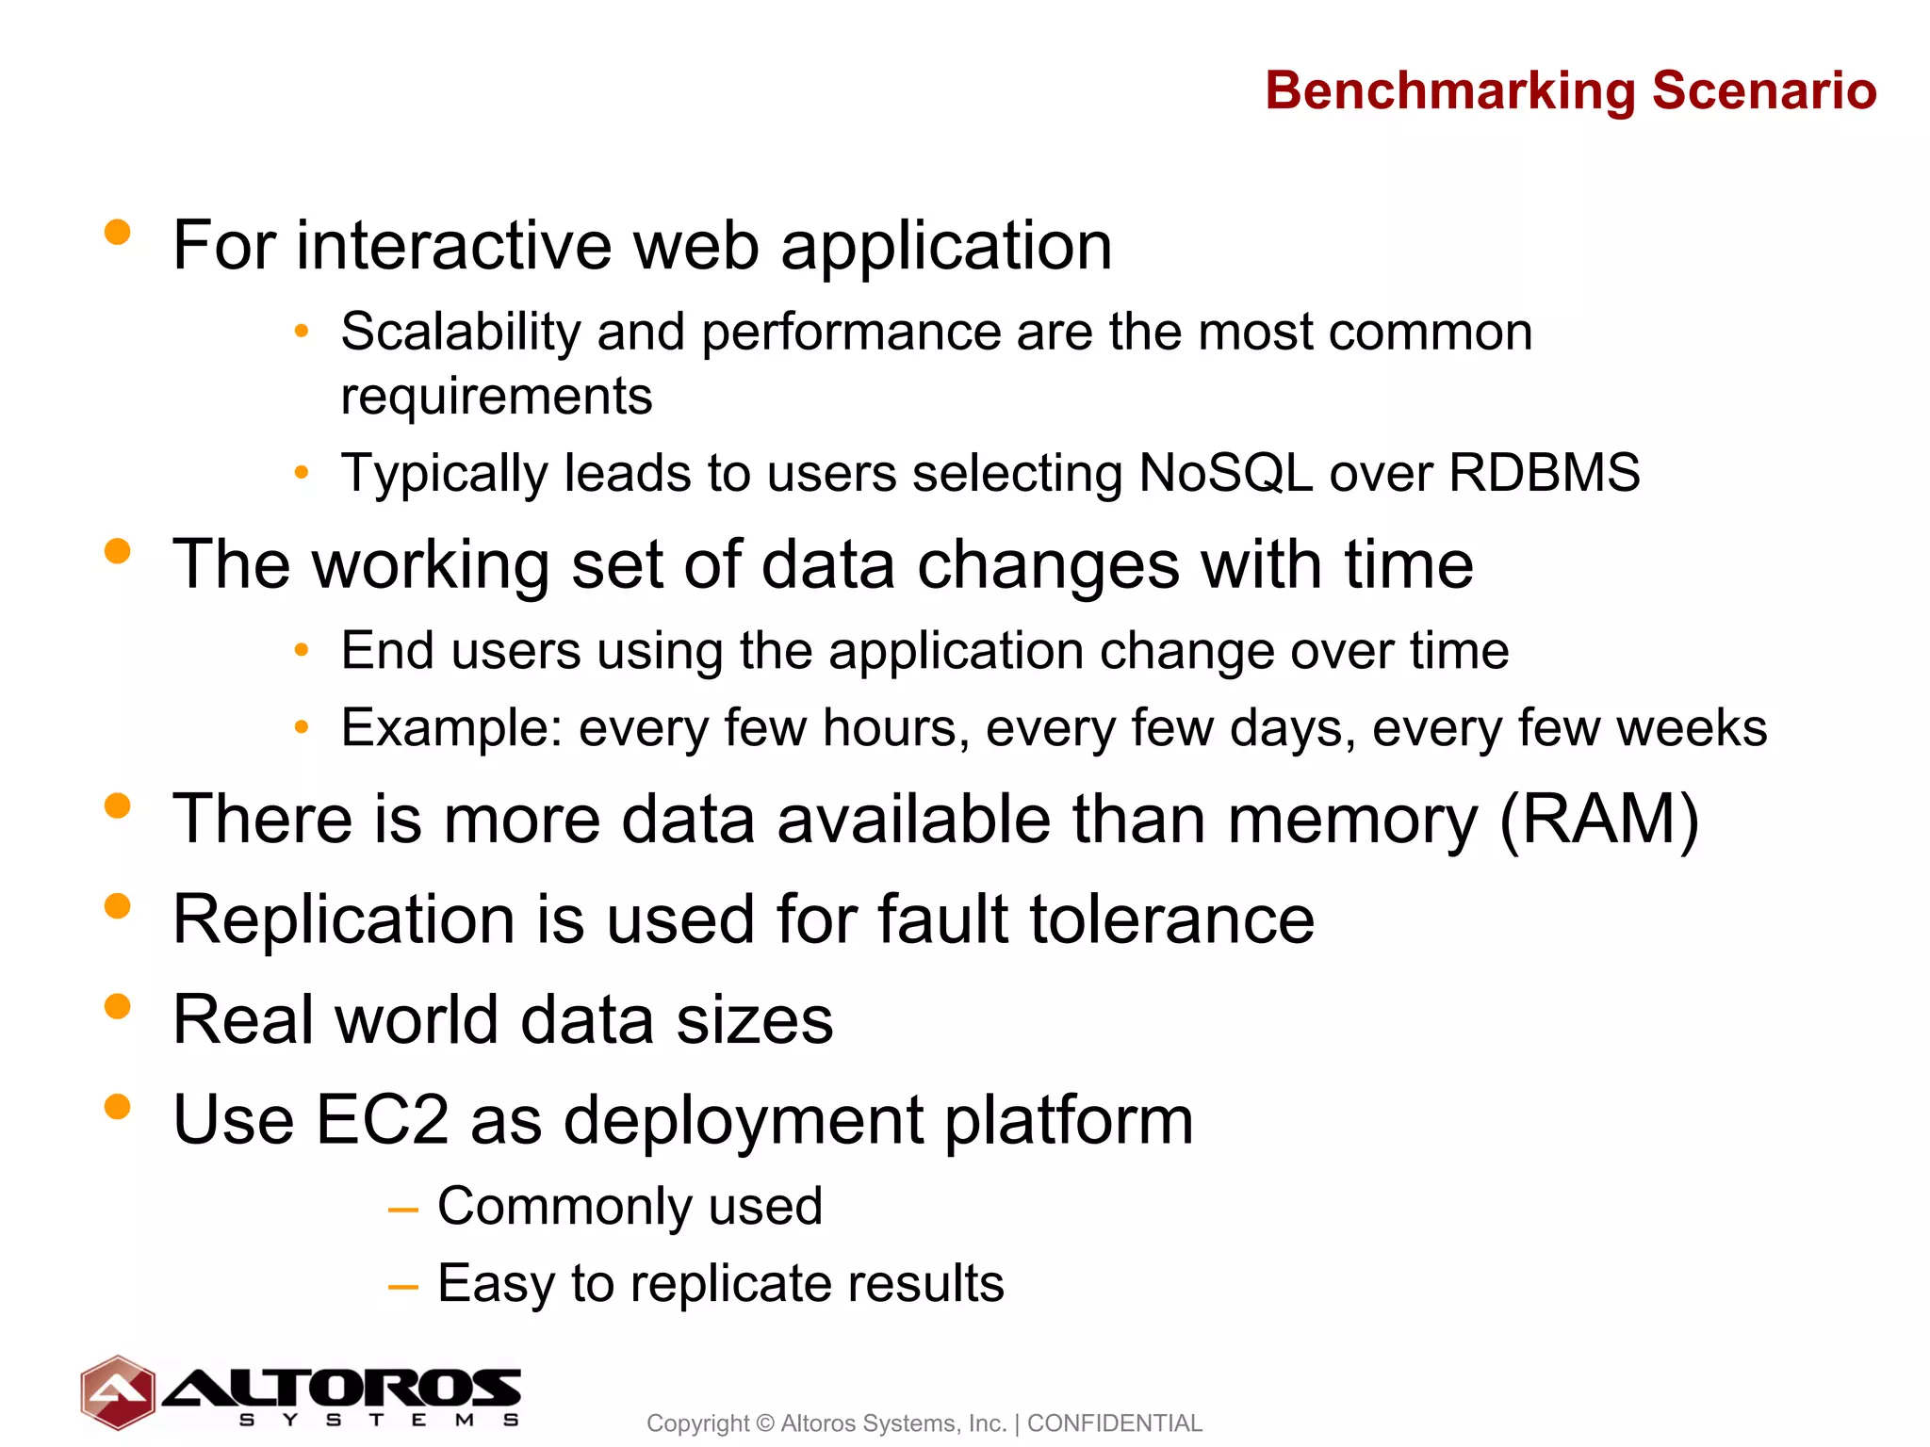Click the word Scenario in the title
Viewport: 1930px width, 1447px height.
point(1763,91)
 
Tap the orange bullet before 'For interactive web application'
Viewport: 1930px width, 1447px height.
point(118,232)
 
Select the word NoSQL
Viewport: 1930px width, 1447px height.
point(1225,472)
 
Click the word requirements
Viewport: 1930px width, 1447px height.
point(496,396)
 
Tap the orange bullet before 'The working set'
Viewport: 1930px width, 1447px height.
point(118,551)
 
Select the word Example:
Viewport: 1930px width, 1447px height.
point(451,728)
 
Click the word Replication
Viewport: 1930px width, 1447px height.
point(344,919)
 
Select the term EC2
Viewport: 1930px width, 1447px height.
point(382,1120)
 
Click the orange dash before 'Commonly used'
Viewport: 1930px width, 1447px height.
point(403,1210)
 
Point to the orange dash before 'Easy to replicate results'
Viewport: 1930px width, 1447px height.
point(403,1286)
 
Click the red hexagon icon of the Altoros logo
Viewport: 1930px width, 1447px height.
point(117,1391)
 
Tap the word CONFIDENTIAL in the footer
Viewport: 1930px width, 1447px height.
point(1114,1423)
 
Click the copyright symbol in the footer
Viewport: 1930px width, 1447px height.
point(764,1423)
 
